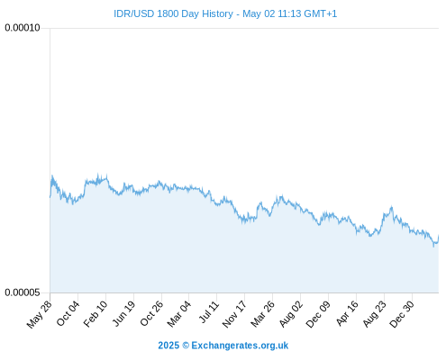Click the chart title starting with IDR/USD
225,13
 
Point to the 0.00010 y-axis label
23,28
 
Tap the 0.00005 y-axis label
23,292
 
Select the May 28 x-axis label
39,314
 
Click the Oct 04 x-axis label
68,313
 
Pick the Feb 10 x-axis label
96,313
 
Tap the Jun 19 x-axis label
123,313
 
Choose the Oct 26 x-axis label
151,313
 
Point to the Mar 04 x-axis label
179,313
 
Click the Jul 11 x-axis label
209,311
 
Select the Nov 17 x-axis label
234,314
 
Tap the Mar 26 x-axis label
262,313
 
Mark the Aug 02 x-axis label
291,313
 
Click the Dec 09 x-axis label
318,314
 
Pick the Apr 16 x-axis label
347,313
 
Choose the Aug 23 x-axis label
374,313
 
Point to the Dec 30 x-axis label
402,314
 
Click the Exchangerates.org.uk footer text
240,346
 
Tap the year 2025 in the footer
168,346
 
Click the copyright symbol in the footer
186,346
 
